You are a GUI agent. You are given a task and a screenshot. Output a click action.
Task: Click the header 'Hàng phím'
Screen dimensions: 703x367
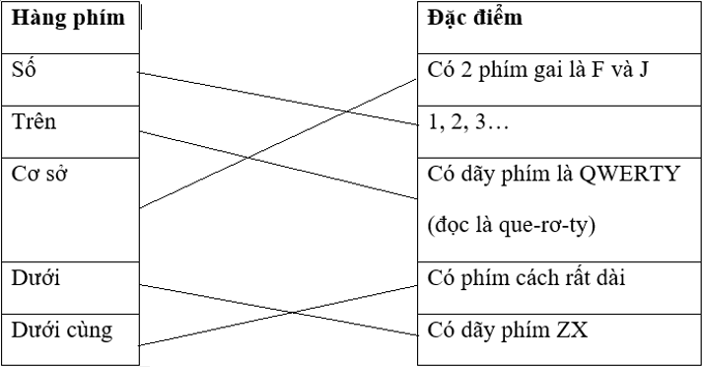[67, 18]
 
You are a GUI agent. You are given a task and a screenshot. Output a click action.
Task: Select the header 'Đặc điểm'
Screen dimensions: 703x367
[476, 18]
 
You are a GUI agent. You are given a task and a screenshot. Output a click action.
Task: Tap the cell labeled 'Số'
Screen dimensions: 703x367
[25, 70]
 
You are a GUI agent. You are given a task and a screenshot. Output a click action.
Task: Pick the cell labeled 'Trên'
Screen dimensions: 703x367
[34, 122]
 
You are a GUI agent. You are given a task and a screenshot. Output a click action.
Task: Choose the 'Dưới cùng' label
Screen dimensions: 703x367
[61, 330]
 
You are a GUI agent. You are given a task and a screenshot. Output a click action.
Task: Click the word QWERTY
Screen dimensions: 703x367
[630, 175]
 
